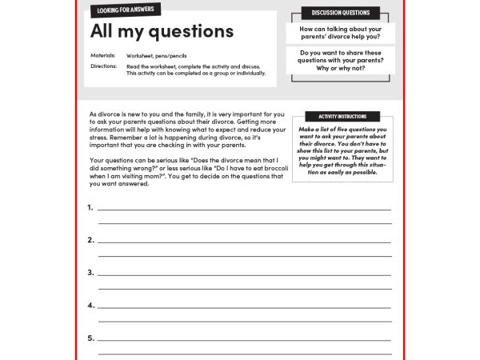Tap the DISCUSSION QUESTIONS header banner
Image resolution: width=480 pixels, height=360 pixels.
pyautogui.click(x=340, y=13)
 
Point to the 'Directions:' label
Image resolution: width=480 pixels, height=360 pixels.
pyautogui.click(x=104, y=66)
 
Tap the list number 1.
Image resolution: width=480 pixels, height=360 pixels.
pyautogui.click(x=90, y=207)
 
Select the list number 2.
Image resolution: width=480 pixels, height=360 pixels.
pyautogui.click(x=90, y=240)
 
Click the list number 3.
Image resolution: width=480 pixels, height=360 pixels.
pyautogui.click(x=90, y=273)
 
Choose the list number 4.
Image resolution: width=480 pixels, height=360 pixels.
pyautogui.click(x=90, y=306)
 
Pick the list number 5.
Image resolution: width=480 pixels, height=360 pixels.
pyautogui.click(x=90, y=338)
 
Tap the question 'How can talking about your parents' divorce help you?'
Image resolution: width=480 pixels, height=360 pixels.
pyautogui.click(x=340, y=33)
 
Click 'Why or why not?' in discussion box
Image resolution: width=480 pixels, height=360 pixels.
pyautogui.click(x=340, y=69)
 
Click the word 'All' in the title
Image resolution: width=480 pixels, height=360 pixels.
pyautogui.click(x=103, y=31)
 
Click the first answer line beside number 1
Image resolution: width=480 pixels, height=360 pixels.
pyautogui.click(x=244, y=209)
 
